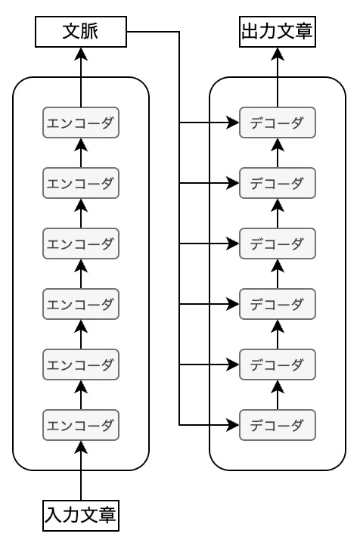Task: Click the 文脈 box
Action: point(81,31)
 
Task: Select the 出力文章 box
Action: point(278,31)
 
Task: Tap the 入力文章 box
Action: point(81,516)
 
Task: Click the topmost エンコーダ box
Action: point(81,123)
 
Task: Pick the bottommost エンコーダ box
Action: point(81,425)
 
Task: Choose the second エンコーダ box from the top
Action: point(81,183)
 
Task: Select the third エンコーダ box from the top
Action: point(81,244)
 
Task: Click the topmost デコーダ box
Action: point(278,123)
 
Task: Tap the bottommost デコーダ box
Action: point(278,425)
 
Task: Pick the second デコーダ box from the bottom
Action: point(278,365)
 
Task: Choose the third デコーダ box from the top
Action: point(278,244)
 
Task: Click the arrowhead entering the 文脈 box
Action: point(81,54)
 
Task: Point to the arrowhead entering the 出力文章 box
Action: point(278,54)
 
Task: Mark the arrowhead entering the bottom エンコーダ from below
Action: point(81,447)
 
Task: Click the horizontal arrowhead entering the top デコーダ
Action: point(233,123)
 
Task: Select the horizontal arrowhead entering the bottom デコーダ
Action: point(233,425)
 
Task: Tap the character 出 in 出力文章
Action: point(250,31)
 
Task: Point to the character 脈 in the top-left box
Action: point(90,31)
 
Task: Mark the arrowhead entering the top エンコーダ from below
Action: point(81,144)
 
